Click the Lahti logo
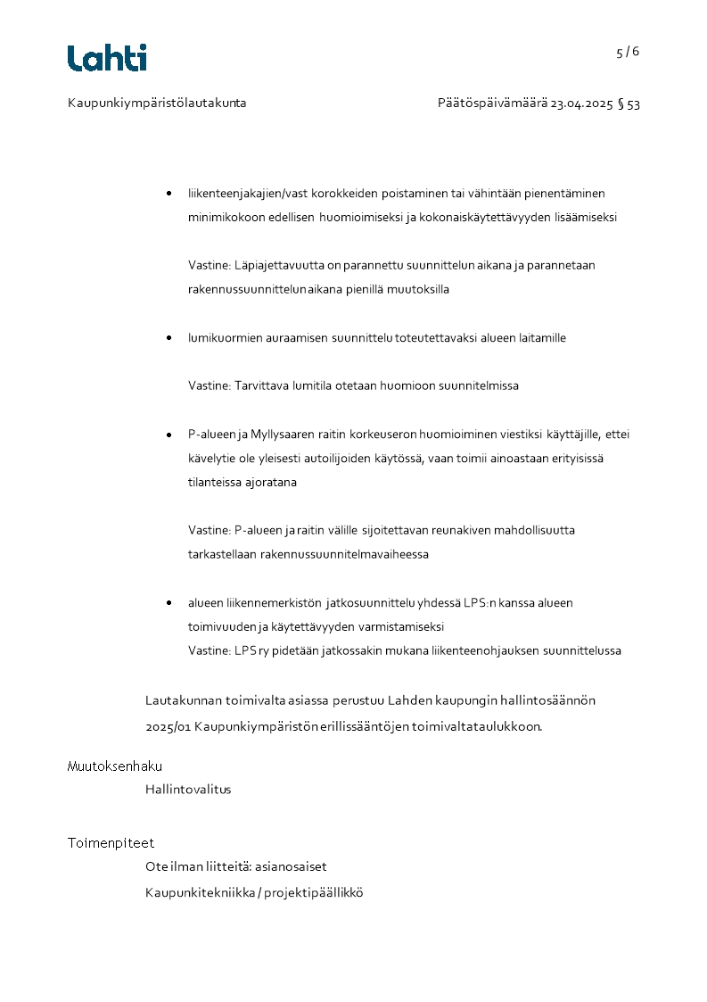point(107,58)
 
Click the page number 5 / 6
point(628,52)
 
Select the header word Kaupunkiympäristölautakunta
point(157,104)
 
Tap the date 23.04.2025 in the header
point(581,104)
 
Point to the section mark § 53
point(629,104)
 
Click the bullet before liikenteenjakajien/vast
point(169,194)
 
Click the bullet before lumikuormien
point(169,338)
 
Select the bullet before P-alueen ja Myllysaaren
point(169,435)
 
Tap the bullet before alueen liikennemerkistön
point(169,603)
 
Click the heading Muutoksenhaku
point(115,766)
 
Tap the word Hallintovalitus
point(188,790)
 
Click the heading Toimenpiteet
point(111,842)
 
